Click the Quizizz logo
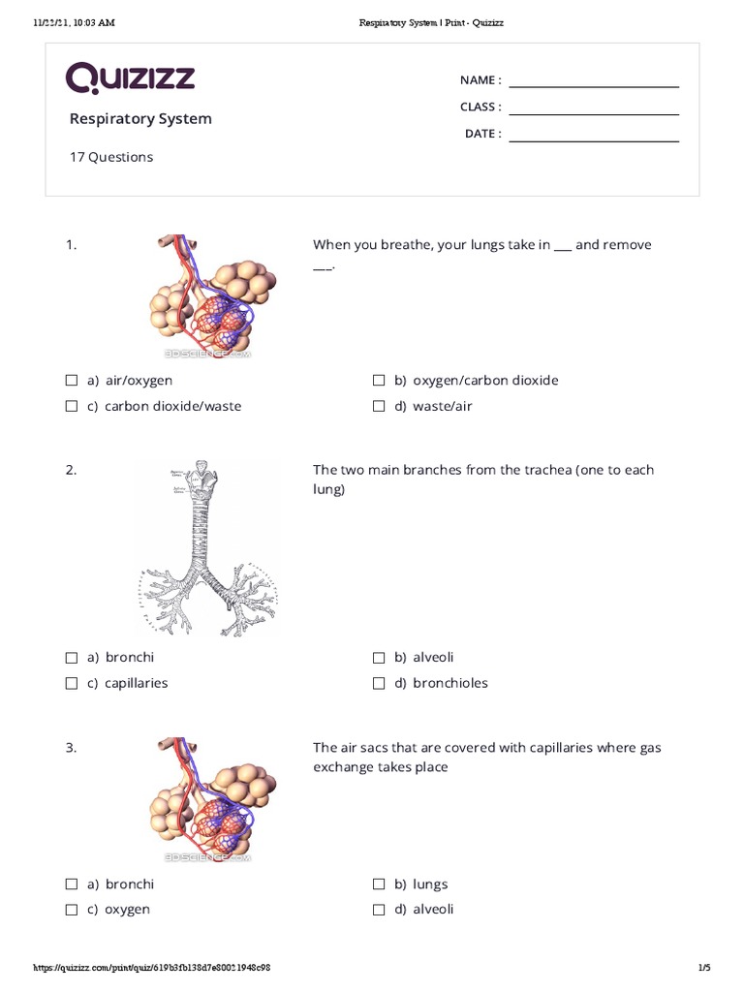(x=131, y=78)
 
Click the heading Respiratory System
(x=140, y=119)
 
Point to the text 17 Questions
(x=110, y=157)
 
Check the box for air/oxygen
(x=72, y=381)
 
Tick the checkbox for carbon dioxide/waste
(x=72, y=406)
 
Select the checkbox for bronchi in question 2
(x=72, y=658)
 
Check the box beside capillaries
(x=72, y=683)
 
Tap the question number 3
(x=71, y=748)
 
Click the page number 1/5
(x=704, y=968)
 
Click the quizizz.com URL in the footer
(x=152, y=968)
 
